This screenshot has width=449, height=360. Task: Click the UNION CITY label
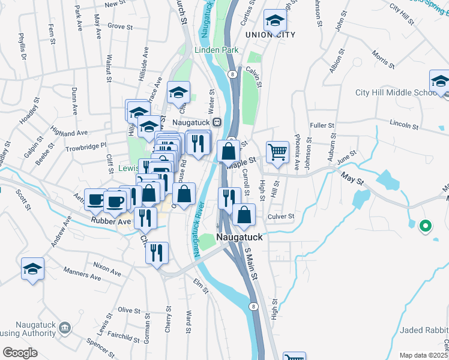270,35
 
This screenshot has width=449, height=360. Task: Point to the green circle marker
426,226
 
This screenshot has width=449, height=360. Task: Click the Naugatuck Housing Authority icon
65,328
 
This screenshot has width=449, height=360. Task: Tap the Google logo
19,353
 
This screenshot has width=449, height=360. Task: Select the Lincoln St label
403,125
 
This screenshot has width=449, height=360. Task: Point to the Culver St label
282,216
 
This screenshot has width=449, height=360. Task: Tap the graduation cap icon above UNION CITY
274,21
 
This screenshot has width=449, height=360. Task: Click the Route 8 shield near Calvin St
231,74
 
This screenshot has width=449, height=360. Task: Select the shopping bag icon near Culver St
244,214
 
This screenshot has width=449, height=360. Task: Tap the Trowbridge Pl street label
86,145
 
